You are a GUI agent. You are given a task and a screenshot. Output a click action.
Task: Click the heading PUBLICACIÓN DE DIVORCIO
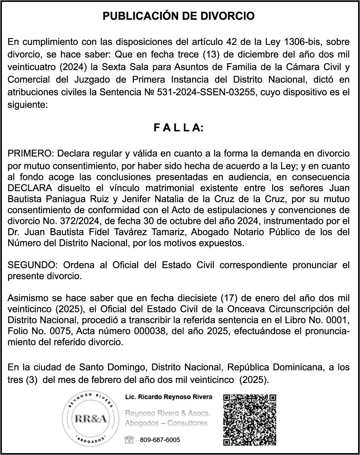pos(179,16)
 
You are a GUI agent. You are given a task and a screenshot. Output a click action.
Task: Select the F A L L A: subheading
pos(178,128)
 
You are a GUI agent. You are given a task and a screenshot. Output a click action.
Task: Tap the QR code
pos(250,420)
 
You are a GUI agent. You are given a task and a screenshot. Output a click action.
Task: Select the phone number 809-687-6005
pos(160,440)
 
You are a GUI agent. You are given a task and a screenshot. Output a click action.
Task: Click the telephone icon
pos(129,440)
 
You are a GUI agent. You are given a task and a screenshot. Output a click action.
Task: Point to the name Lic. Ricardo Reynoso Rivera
pos(169,397)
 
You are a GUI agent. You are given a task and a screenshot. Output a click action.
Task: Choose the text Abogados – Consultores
pos(166,423)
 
